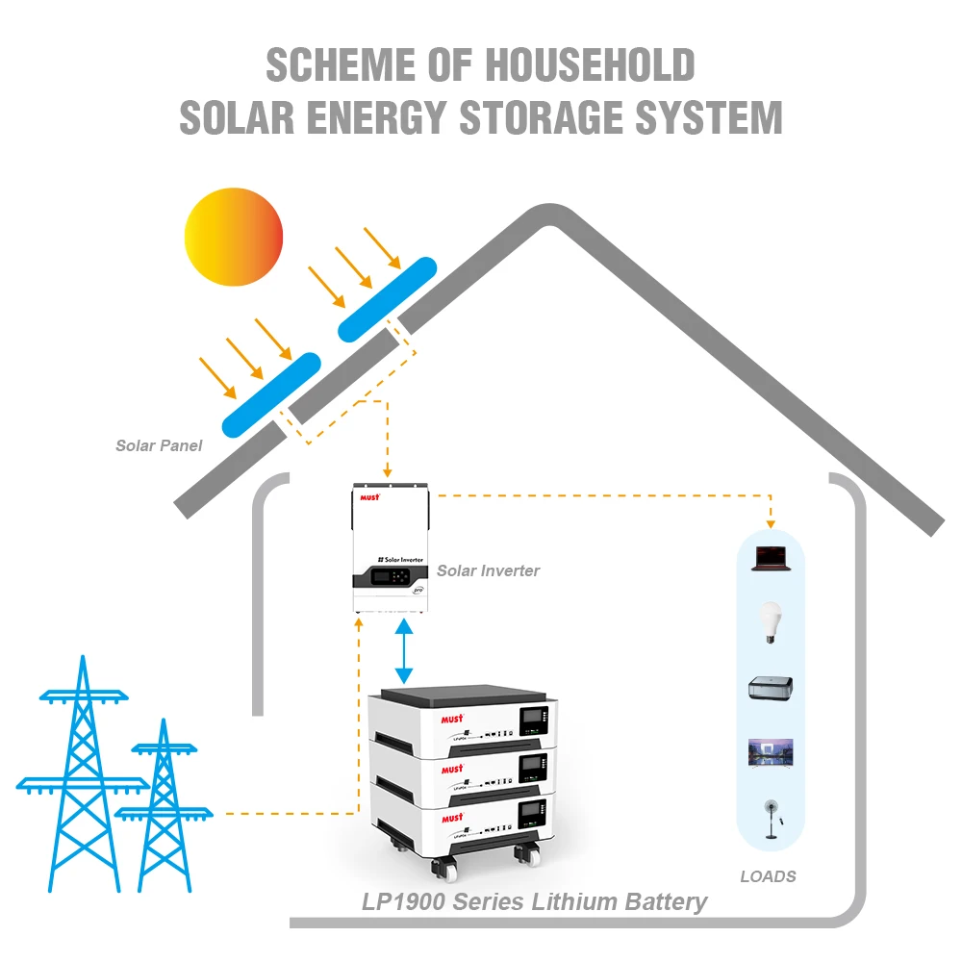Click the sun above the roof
(234, 237)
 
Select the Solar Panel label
(159, 445)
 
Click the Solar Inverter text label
(488, 570)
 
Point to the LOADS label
(768, 876)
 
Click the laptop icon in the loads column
(770, 557)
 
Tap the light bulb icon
(770, 620)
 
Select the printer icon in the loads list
(770, 687)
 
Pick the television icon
(770, 751)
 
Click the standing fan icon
(770, 818)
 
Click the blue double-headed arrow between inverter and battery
(405, 651)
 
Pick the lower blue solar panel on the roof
(270, 394)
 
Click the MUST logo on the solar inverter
(369, 496)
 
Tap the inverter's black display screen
(376, 579)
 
